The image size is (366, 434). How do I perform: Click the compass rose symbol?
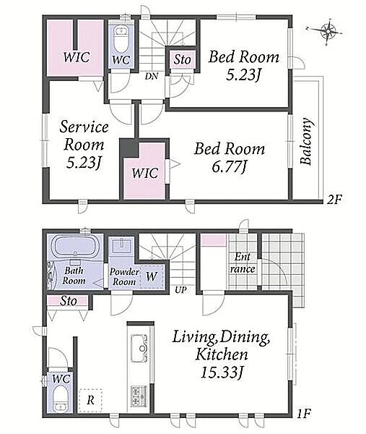(328, 31)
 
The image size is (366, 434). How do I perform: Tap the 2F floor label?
(334, 200)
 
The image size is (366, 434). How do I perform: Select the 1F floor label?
(305, 414)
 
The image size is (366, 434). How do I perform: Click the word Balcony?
(306, 142)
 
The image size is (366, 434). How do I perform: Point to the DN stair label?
(152, 76)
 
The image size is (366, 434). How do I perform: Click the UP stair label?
(180, 290)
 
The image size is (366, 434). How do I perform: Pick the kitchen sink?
(139, 348)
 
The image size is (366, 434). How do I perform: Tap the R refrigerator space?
(90, 400)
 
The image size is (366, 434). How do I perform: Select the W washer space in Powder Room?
(152, 276)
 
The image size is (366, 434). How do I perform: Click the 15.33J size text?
(222, 373)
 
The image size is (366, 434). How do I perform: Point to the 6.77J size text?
(230, 167)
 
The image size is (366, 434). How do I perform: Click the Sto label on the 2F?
(183, 59)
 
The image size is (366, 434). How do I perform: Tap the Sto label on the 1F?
(69, 301)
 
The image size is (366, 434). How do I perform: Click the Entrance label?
(243, 263)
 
